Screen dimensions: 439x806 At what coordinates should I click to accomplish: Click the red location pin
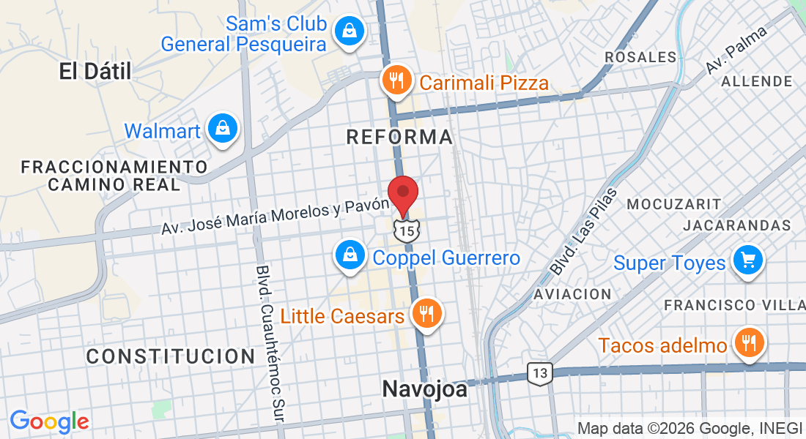[402, 194]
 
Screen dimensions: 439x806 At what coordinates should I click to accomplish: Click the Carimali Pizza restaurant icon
[396, 80]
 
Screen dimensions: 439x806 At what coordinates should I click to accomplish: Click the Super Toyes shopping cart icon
[748, 260]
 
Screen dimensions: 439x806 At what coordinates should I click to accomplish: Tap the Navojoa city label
[424, 389]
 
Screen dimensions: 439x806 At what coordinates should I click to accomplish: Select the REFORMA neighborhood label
[399, 137]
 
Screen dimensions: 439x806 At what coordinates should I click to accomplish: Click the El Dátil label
[95, 71]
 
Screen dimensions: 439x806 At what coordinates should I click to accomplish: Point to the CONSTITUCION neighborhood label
[171, 356]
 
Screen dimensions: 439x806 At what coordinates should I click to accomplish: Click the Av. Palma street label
[736, 50]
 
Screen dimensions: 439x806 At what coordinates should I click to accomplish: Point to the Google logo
[49, 421]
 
